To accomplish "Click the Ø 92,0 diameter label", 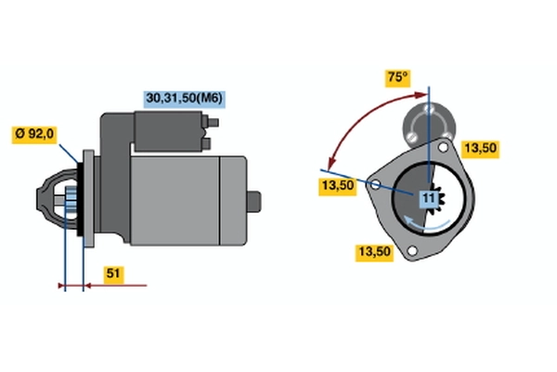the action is [34, 134].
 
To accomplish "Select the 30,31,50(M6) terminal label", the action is [185, 99].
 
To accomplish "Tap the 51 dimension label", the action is [113, 274].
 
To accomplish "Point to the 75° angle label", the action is [398, 77].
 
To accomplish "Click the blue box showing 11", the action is [429, 198].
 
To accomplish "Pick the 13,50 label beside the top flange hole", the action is [480, 148].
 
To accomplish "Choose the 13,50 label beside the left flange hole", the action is [338, 186].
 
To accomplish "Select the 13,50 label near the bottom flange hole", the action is [374, 252].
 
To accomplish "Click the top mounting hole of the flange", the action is [443, 147].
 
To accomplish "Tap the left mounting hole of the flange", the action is [375, 184].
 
